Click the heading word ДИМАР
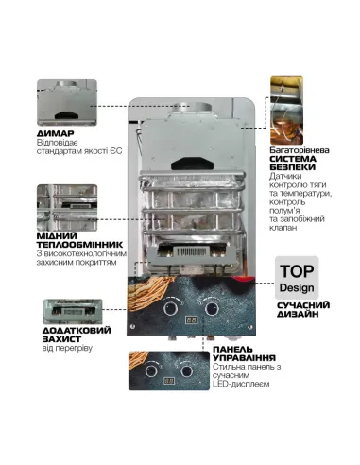53,134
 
